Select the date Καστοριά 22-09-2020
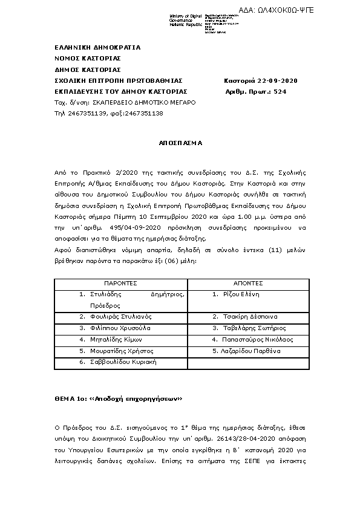261,80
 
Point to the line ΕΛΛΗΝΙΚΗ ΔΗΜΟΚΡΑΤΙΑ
97,47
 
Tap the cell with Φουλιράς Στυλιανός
119,316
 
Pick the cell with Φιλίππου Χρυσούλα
119,328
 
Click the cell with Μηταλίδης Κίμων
115,339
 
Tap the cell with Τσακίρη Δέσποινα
249,316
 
